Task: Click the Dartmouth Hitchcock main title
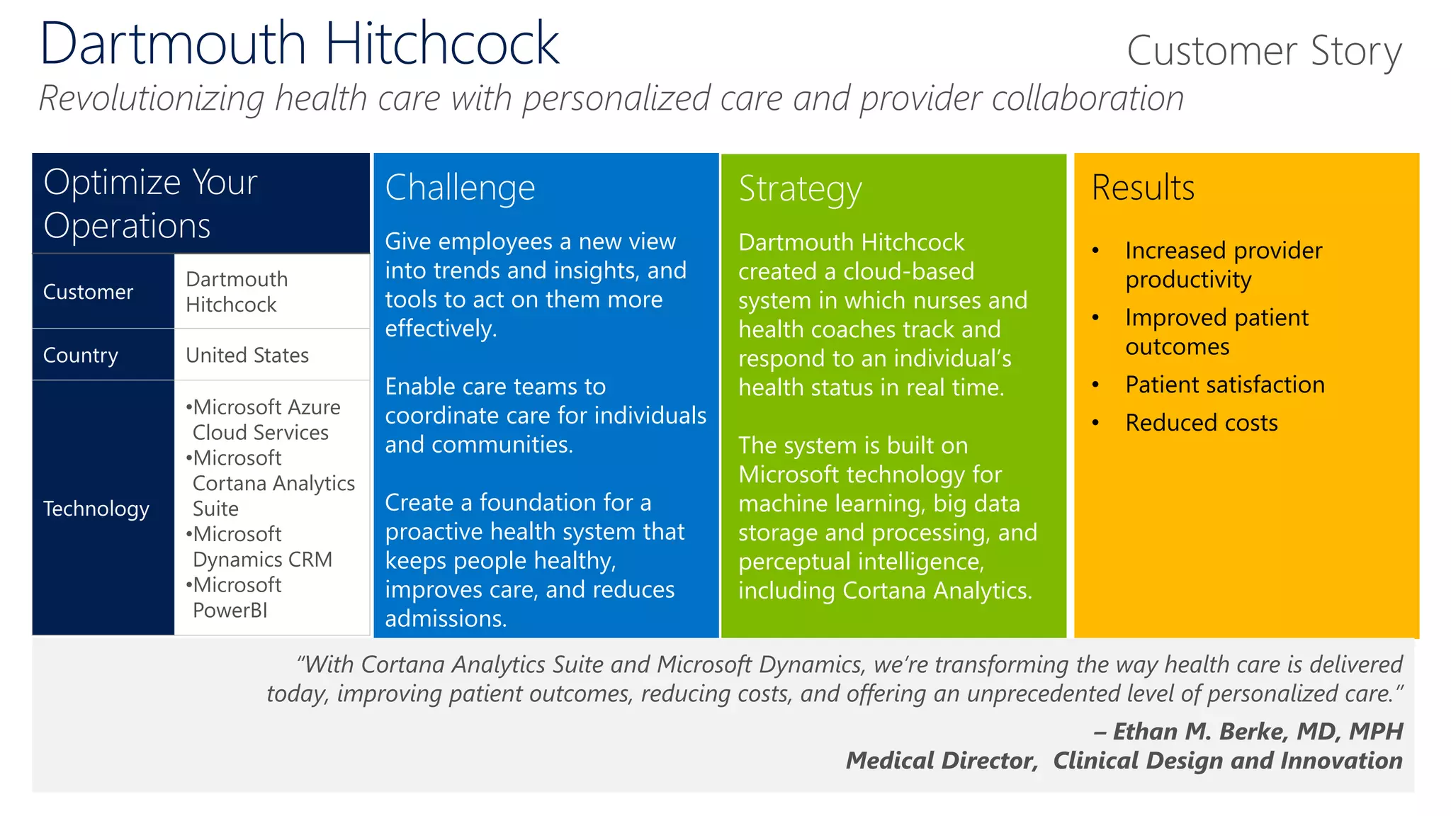(299, 44)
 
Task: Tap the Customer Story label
(1263, 51)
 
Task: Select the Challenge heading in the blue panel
(460, 188)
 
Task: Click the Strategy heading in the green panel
(800, 189)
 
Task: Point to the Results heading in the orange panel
(1143, 188)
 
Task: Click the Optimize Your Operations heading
(150, 203)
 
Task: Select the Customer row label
(88, 292)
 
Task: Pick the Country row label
(80, 355)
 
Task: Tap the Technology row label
(96, 509)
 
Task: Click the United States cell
(247, 355)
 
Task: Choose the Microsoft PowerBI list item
(234, 597)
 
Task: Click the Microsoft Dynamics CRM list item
(259, 546)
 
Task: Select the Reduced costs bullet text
(1201, 423)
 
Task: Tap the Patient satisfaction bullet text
(1224, 385)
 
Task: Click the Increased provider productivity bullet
(1223, 264)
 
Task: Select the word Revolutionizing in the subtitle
(151, 98)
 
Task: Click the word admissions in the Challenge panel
(445, 619)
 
